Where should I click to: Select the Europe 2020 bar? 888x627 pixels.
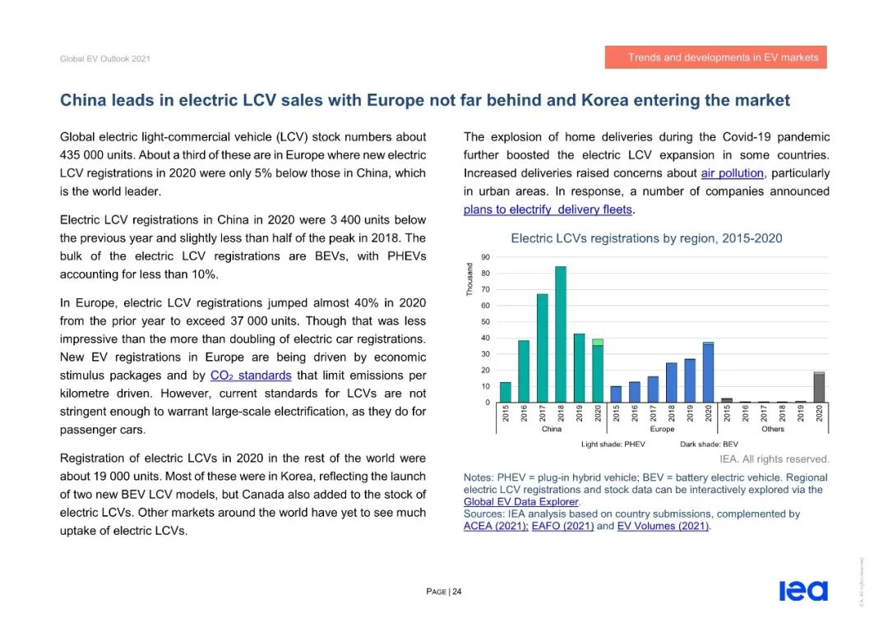(708, 372)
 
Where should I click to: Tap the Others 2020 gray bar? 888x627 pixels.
(819, 387)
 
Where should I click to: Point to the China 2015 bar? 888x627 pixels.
(506, 392)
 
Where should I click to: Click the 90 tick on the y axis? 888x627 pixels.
(485, 257)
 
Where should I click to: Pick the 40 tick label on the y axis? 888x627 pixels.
(485, 338)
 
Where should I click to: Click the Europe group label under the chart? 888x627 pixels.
(662, 429)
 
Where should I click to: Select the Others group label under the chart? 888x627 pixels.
(773, 429)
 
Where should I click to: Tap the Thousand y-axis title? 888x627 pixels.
(469, 280)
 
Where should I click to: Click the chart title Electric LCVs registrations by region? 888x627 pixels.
(646, 238)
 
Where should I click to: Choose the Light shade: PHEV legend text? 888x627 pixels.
(613, 444)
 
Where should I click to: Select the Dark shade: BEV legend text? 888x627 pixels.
(709, 444)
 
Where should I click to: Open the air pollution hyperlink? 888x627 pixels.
(732, 173)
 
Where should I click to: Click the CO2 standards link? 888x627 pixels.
(251, 376)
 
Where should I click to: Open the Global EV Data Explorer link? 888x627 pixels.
(521, 501)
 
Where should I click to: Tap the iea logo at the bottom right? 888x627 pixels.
(802, 591)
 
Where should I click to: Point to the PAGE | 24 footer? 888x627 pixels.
(443, 592)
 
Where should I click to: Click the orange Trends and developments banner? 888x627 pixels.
(715, 58)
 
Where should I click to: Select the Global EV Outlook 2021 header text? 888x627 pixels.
(104, 59)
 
